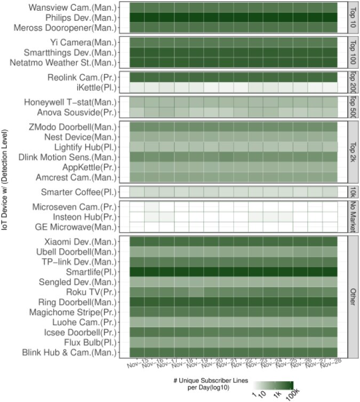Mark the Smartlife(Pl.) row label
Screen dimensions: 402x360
point(87,271)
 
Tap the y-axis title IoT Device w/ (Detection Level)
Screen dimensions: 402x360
point(6,200)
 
